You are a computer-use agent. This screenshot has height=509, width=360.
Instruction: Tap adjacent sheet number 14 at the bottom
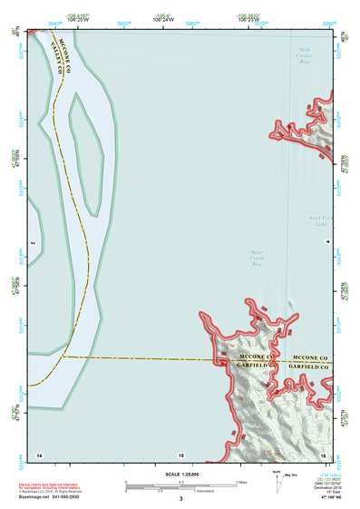pyautogui.click(x=39, y=453)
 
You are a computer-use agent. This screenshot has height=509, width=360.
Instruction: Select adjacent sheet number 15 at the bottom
pyautogui.click(x=180, y=453)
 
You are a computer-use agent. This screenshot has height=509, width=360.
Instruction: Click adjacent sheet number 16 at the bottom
pyautogui.click(x=322, y=453)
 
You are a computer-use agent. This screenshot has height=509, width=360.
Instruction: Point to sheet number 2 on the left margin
pyautogui.click(x=31, y=243)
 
